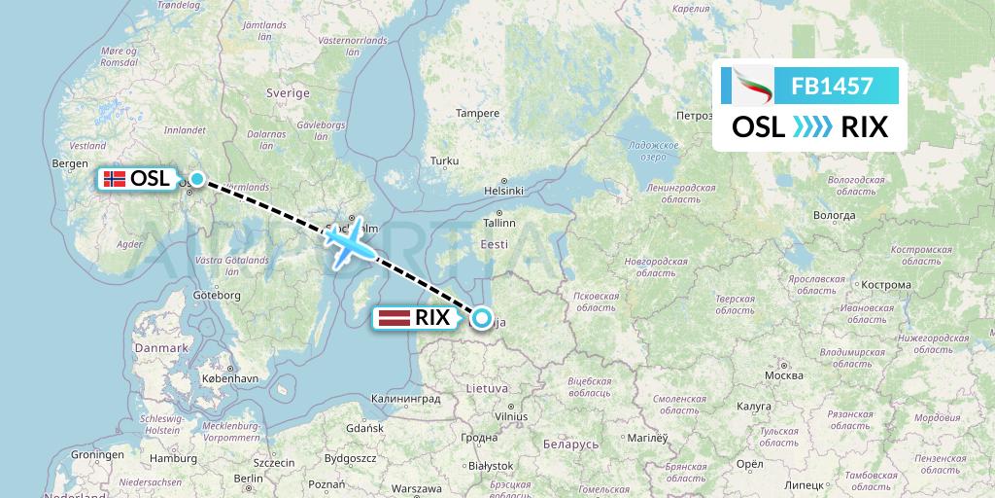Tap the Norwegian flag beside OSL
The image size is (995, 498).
[114, 179]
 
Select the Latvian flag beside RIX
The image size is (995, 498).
[393, 317]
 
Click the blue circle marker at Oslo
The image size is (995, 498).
[197, 178]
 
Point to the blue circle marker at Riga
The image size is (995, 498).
[481, 316]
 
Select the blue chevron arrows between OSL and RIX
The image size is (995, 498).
[812, 127]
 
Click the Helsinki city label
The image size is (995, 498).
[504, 191]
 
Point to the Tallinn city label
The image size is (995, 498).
[498, 223]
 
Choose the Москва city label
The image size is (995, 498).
[783, 375]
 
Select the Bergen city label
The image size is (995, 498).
[71, 163]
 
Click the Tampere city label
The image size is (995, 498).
[478, 113]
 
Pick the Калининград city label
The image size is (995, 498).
[406, 399]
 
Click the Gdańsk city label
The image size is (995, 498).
[365, 428]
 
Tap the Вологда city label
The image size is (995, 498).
[834, 215]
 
